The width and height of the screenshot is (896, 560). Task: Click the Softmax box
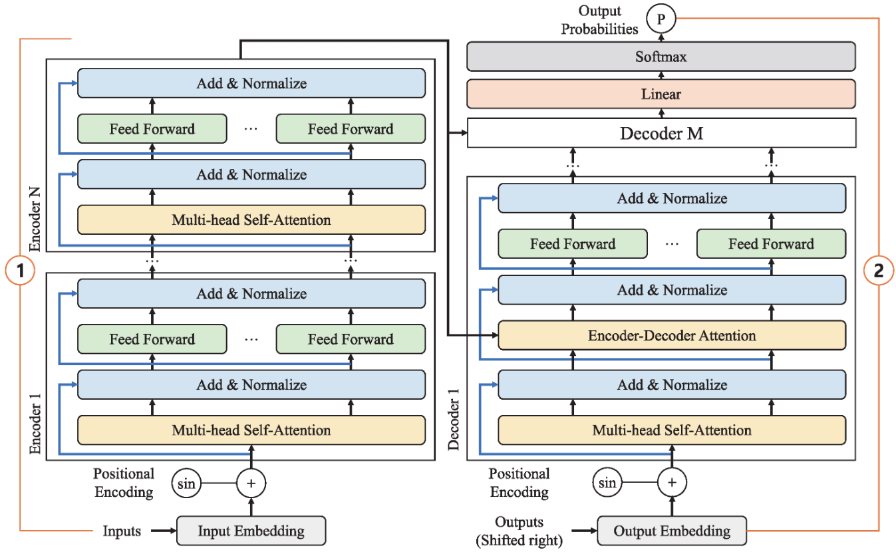[661, 57]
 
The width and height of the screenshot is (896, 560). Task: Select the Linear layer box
[661, 94]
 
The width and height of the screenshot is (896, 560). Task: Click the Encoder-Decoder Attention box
[672, 335]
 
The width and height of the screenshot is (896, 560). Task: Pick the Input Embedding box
[251, 531]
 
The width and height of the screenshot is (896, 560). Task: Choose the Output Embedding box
[672, 531]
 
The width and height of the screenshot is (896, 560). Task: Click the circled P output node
[661, 19]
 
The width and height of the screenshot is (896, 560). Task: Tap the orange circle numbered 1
[20, 271]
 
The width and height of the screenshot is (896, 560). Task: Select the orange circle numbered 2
[879, 271]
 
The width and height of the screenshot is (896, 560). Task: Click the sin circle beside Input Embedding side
[186, 484]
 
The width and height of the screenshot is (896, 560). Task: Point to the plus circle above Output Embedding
[672, 482]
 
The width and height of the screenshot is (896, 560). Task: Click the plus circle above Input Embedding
[251, 484]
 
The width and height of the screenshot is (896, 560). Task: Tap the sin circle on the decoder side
[607, 482]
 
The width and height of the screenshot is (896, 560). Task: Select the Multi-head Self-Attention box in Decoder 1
[672, 430]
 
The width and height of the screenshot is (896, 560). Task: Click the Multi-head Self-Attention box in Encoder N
[251, 219]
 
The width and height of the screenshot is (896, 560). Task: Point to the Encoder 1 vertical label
[35, 424]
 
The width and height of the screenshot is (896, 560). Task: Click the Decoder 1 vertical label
[453, 420]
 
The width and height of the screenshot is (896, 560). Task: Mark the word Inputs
[122, 531]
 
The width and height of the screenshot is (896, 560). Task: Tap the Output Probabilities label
[599, 19]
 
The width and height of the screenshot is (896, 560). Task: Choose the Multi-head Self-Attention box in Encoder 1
[251, 430]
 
